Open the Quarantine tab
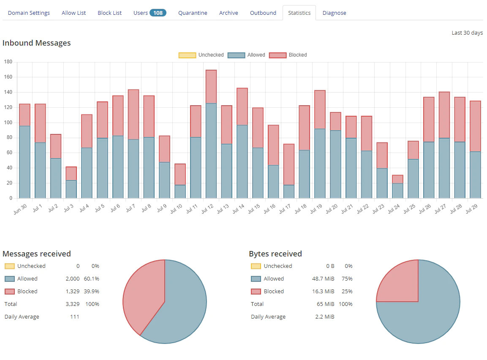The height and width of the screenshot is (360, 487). pyautogui.click(x=193, y=13)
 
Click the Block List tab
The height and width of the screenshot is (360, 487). pyautogui.click(x=110, y=13)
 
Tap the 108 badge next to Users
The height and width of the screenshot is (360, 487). pyautogui.click(x=158, y=13)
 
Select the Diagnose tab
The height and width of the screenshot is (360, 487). pyautogui.click(x=334, y=13)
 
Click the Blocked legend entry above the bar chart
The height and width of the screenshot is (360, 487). pyautogui.click(x=288, y=55)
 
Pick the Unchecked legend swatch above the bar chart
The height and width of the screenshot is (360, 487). pyautogui.click(x=187, y=55)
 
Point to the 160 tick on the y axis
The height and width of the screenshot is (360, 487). pyautogui.click(x=8, y=77)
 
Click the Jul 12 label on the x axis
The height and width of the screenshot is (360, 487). pyautogui.click(x=207, y=208)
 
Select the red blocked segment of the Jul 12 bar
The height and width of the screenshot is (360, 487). pyautogui.click(x=211, y=87)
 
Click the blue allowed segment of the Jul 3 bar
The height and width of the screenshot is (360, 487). pyautogui.click(x=71, y=189)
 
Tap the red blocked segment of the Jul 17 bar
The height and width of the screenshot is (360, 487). pyautogui.click(x=289, y=165)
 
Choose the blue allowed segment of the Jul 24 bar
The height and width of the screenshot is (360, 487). pyautogui.click(x=397, y=191)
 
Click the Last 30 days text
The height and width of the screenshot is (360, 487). pyautogui.click(x=467, y=33)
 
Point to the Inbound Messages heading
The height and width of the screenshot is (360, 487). pyautogui.click(x=37, y=43)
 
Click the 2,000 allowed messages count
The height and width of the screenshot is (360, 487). pyautogui.click(x=73, y=278)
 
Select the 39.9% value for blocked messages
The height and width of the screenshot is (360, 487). pyautogui.click(x=92, y=292)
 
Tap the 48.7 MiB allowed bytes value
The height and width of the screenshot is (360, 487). pyautogui.click(x=323, y=278)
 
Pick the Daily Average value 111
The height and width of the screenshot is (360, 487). pyautogui.click(x=74, y=317)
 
